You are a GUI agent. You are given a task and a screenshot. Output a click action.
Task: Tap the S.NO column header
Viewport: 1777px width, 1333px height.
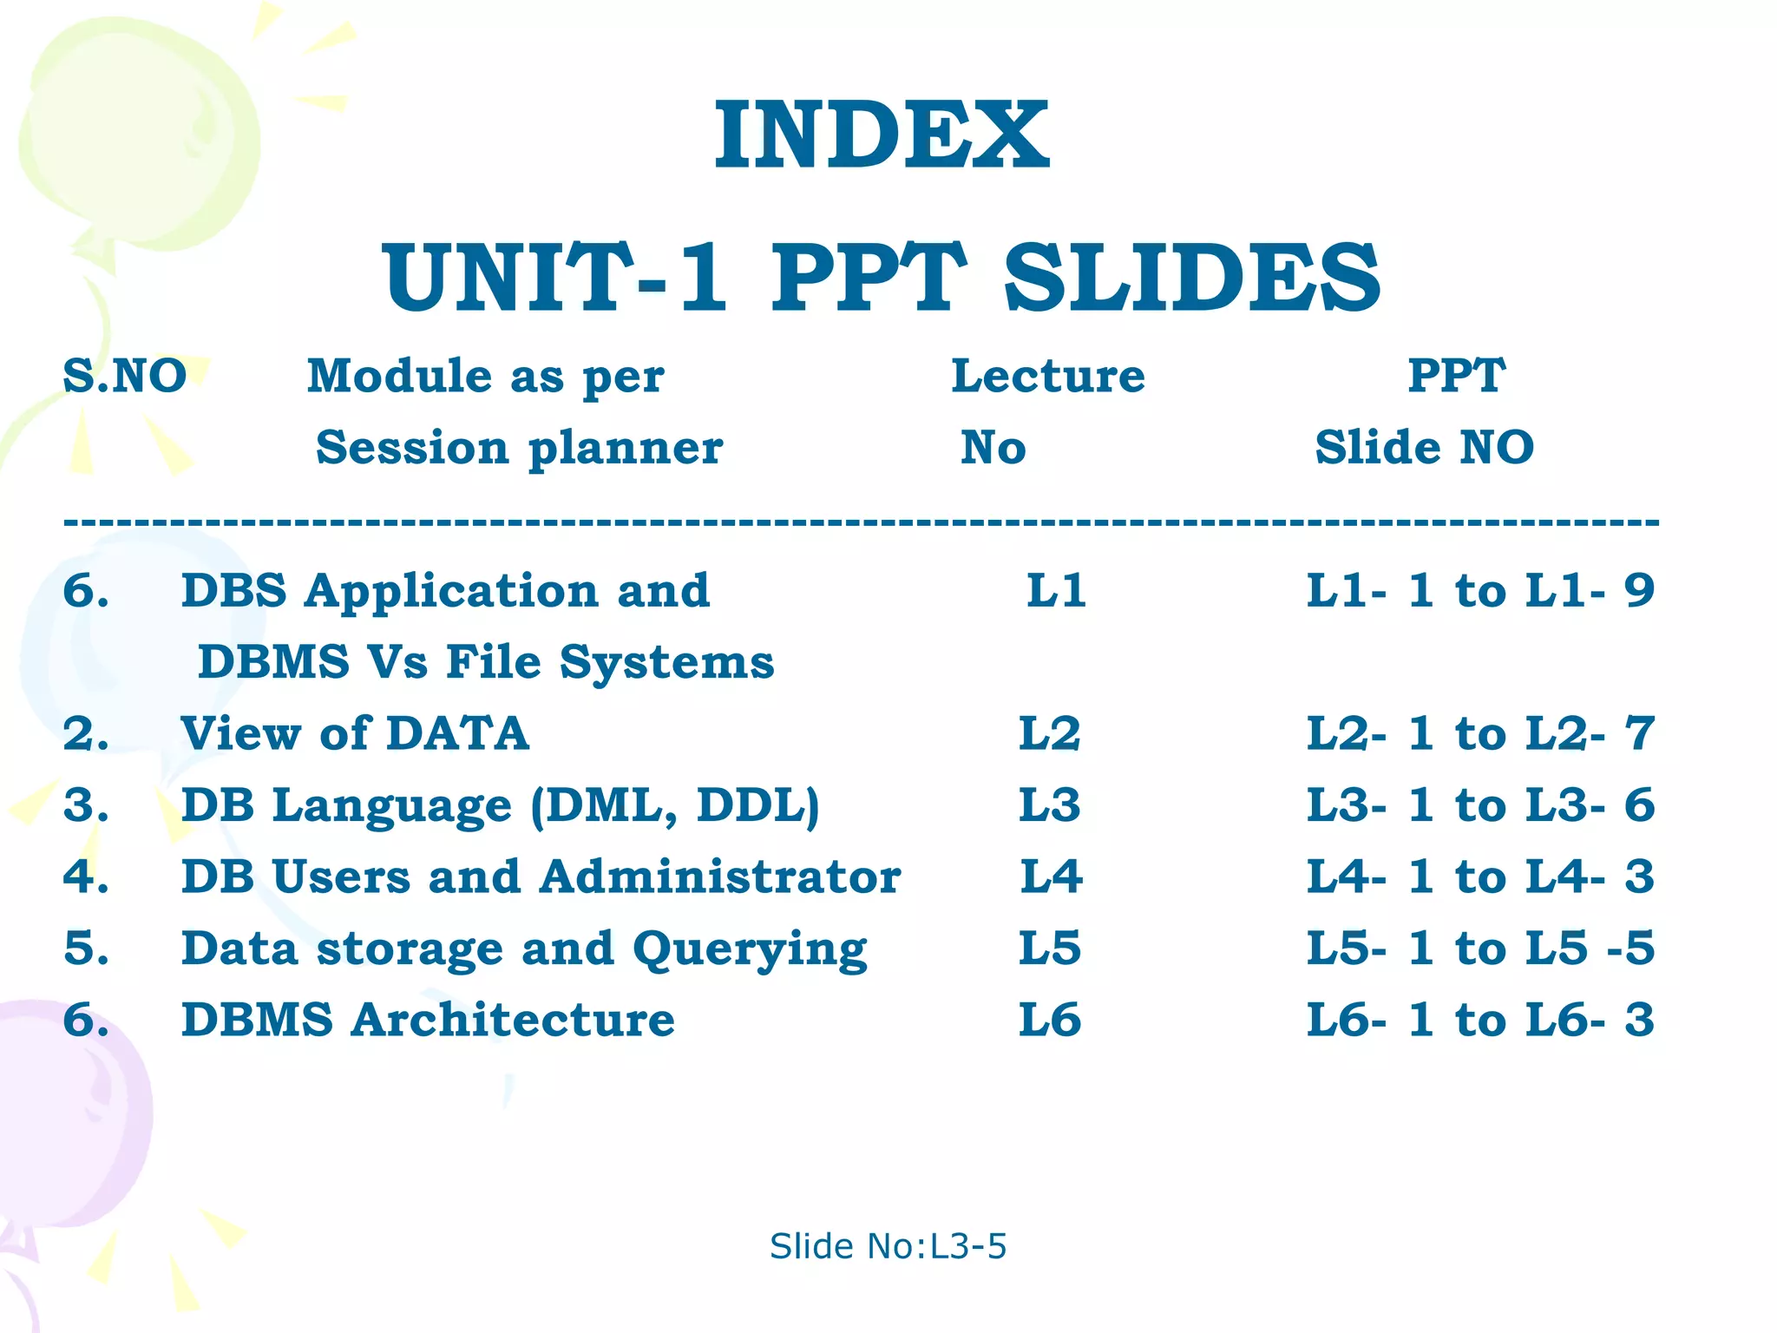pos(125,377)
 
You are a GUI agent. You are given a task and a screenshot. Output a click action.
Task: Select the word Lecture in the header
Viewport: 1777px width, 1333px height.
pos(1048,377)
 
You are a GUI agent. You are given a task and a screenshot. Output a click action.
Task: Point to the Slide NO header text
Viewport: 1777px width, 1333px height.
pos(1424,448)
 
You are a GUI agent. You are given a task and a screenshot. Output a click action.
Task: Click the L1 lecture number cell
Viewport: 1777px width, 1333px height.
pos(1056,591)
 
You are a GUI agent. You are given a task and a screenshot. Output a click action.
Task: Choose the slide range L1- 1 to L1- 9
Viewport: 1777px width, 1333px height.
pos(1480,591)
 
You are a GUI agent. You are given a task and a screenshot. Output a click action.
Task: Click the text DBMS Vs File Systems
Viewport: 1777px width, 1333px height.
pos(486,662)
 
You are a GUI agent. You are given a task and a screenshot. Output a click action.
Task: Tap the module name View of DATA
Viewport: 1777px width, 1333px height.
pos(355,734)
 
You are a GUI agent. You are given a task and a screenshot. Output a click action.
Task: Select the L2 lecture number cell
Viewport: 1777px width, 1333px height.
pos(1050,734)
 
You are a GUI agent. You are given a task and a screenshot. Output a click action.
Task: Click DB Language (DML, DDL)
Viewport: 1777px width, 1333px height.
pos(500,805)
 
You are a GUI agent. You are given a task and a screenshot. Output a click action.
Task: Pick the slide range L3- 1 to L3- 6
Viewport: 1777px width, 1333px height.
pos(1480,805)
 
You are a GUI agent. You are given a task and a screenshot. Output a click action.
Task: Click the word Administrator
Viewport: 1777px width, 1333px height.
pos(720,877)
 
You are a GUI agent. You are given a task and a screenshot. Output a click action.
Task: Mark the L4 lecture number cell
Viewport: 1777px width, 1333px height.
pos(1051,877)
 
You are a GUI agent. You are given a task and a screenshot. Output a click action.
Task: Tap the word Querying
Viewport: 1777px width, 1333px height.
pos(750,949)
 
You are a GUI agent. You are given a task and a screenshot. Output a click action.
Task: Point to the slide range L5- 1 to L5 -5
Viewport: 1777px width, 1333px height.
pos(1480,948)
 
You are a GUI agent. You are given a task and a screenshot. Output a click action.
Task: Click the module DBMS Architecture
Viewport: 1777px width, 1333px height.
pos(428,1020)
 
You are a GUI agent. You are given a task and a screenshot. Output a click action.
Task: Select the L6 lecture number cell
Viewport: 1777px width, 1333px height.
pos(1050,1020)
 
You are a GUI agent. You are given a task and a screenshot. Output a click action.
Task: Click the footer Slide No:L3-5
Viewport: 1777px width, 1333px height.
pos(888,1246)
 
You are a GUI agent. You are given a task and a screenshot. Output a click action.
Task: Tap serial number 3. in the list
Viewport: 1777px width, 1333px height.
pos(86,805)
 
